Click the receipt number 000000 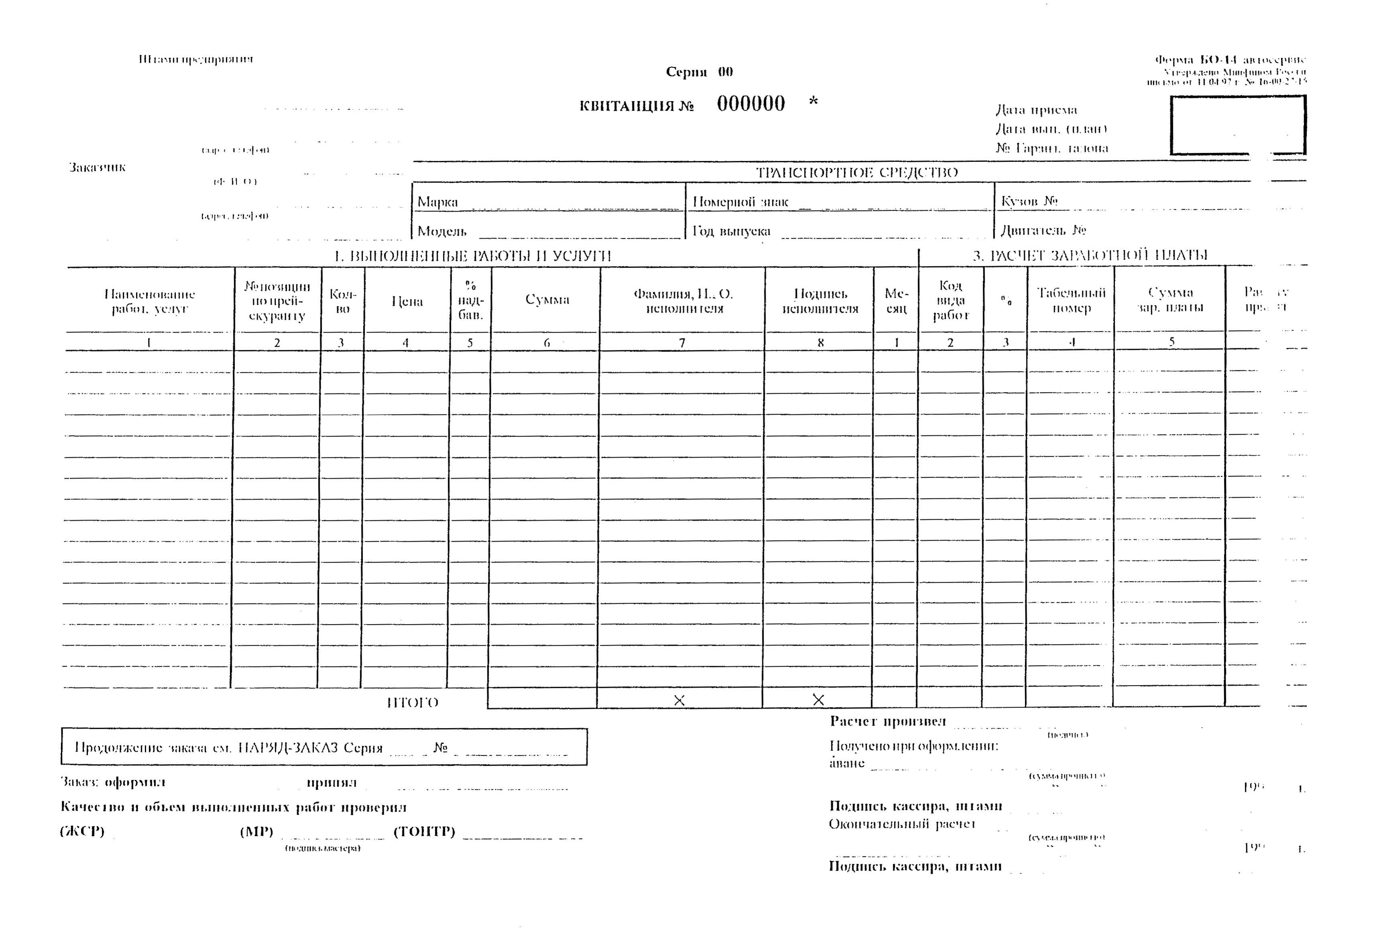click(751, 104)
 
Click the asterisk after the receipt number click(814, 102)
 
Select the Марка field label click(438, 202)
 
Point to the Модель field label click(442, 231)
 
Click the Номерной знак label click(741, 202)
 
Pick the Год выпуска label click(731, 231)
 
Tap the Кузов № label click(1029, 201)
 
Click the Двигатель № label click(1043, 230)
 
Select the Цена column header click(407, 302)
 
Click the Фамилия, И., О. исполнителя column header click(683, 301)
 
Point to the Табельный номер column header click(1071, 300)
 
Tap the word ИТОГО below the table click(412, 703)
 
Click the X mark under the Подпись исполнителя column click(818, 700)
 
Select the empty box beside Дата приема click(1238, 125)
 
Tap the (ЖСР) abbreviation click(82, 831)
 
